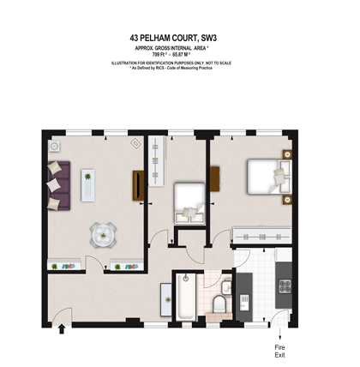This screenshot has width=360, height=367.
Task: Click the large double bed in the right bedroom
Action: (x=267, y=176)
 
